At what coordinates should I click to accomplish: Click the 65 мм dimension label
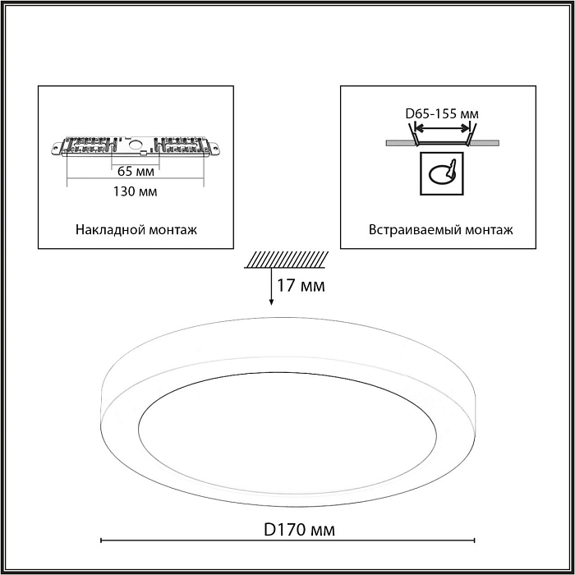pos(136,171)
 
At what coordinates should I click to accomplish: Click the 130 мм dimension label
pos(135,191)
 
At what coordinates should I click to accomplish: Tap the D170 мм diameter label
pos(299,530)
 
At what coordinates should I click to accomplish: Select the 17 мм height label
pos(301,286)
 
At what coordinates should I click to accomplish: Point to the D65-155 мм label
pos(442,114)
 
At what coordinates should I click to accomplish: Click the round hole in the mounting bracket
pos(136,144)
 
